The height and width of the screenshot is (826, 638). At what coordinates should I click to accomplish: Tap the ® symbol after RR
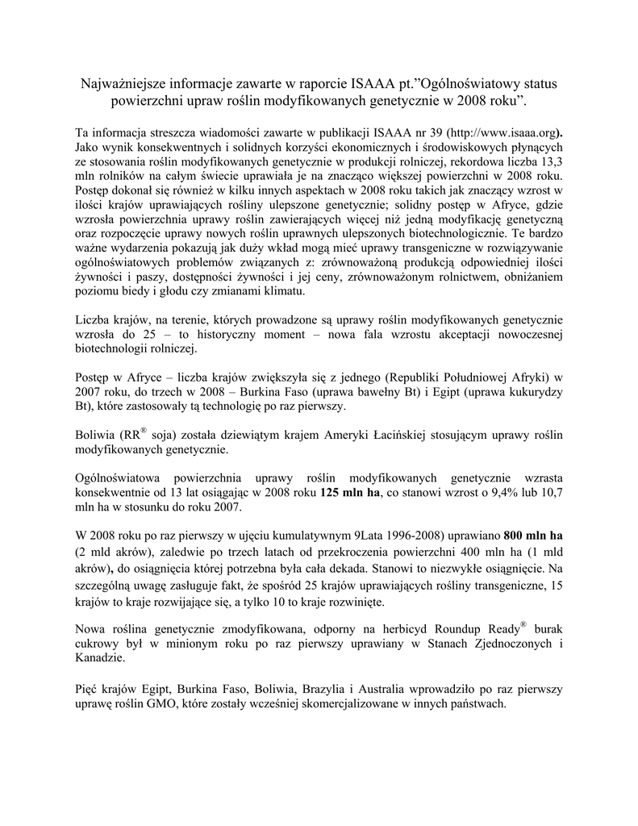144,432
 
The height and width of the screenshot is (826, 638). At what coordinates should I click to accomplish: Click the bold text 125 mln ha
350,494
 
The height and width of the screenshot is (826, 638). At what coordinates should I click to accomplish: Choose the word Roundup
460,630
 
